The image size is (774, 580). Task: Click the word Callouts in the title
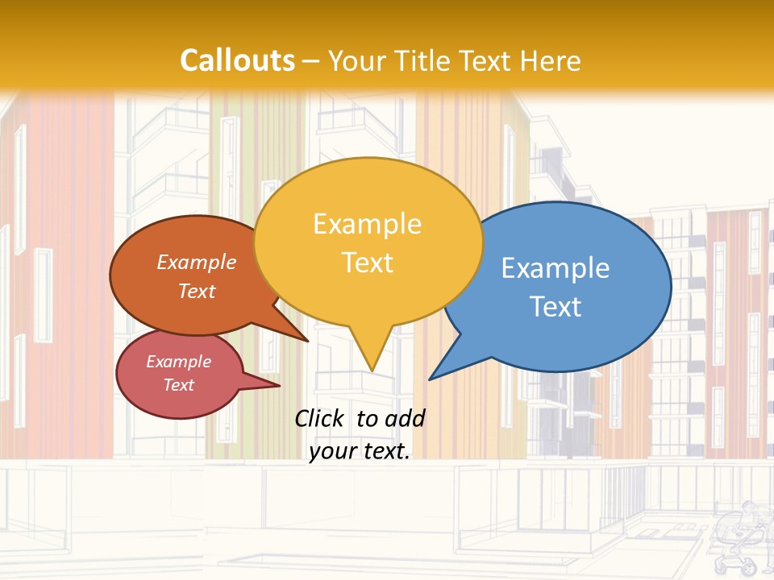pyautogui.click(x=237, y=60)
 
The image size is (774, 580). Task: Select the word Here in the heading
pyautogui.click(x=551, y=60)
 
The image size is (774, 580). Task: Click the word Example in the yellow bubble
pyautogui.click(x=367, y=224)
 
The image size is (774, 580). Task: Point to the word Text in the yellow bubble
pyautogui.click(x=367, y=263)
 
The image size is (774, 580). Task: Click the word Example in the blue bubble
pyautogui.click(x=555, y=267)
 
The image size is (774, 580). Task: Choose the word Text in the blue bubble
pyautogui.click(x=555, y=307)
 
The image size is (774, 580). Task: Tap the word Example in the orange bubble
pyautogui.click(x=197, y=262)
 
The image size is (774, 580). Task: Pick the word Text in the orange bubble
pyautogui.click(x=197, y=291)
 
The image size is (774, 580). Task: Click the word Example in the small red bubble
pyautogui.click(x=178, y=362)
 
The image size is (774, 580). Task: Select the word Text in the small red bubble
pyautogui.click(x=178, y=385)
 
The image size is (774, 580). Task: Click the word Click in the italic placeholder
pyautogui.click(x=320, y=418)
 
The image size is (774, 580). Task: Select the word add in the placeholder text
pyautogui.click(x=404, y=418)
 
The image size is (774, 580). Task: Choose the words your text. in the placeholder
pyautogui.click(x=360, y=451)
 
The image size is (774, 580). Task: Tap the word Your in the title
pyautogui.click(x=357, y=60)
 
